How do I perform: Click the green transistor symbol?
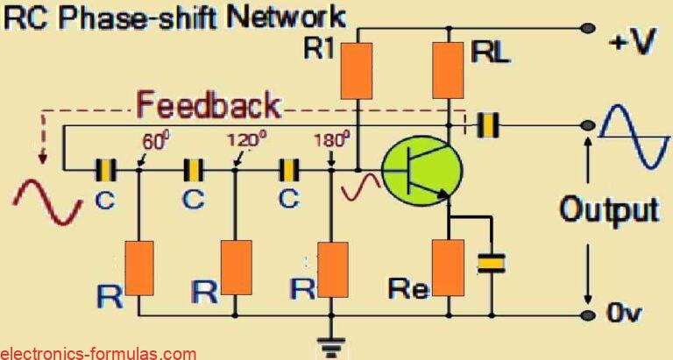click(x=417, y=173)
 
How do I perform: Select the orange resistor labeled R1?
click(x=358, y=70)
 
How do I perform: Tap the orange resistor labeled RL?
click(x=450, y=70)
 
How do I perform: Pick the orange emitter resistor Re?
click(x=450, y=266)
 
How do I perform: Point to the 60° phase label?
click(x=154, y=141)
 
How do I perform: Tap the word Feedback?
click(x=209, y=106)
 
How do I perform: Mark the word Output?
click(x=608, y=210)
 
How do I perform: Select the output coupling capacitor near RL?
click(x=486, y=125)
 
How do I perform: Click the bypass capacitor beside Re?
click(x=492, y=260)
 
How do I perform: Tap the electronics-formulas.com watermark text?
click(x=98, y=353)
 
